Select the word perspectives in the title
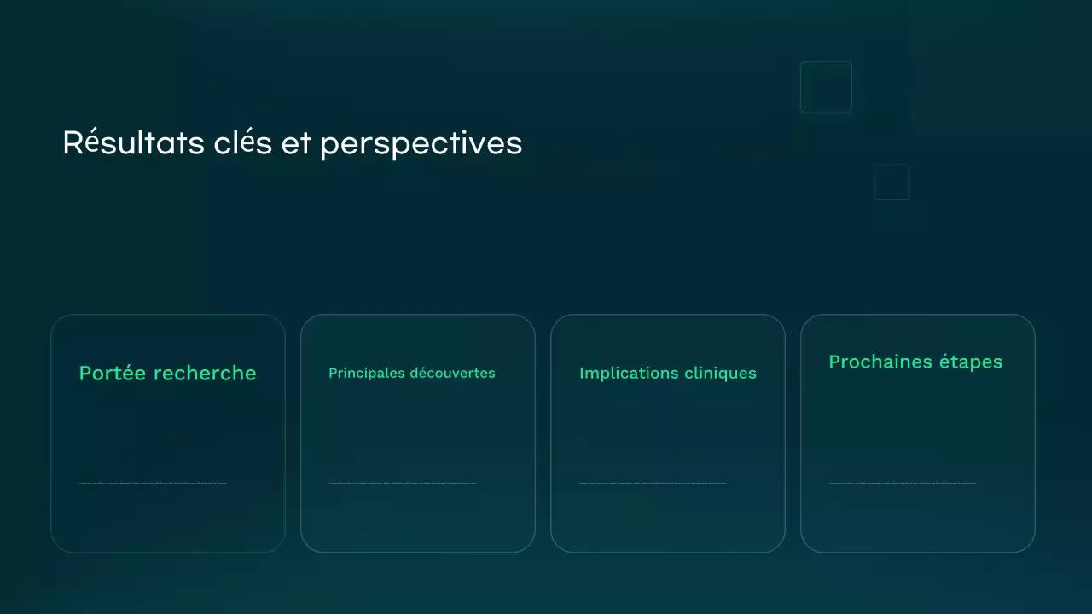(421, 144)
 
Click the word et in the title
(296, 144)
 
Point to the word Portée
(113, 373)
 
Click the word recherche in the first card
(205, 373)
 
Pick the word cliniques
(720, 373)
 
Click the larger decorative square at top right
(826, 87)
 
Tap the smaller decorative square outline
(892, 182)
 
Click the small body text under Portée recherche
(153, 483)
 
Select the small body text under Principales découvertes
(403, 483)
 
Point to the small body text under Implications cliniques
(653, 483)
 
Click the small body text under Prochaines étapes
(903, 483)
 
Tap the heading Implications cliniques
(667, 373)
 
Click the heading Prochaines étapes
(915, 362)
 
